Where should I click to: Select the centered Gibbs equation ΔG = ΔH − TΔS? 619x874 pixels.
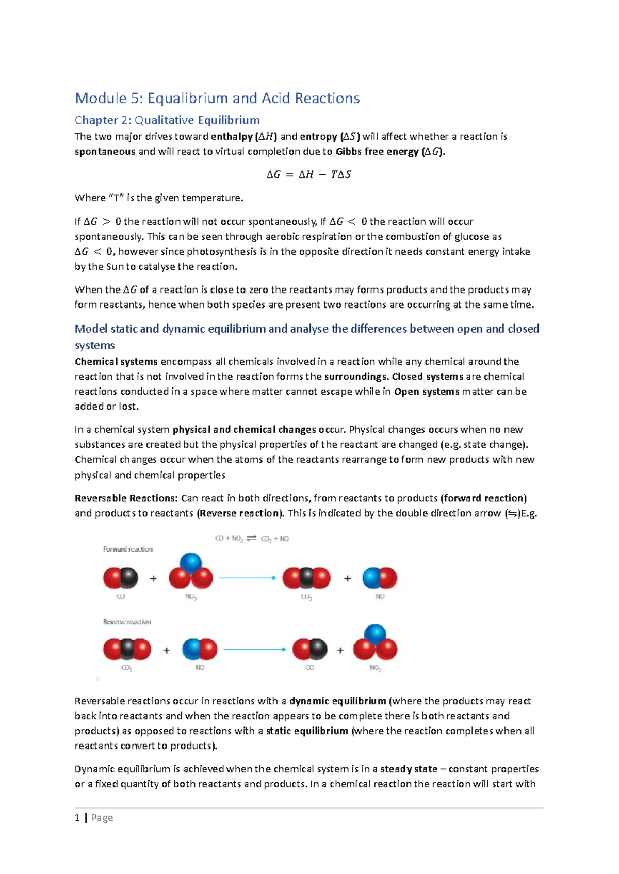point(308,174)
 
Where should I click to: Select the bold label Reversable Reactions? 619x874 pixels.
point(126,498)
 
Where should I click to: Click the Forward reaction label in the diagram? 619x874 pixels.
point(128,549)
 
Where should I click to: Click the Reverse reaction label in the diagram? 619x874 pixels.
point(127,622)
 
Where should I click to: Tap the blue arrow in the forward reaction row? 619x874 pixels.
point(248,578)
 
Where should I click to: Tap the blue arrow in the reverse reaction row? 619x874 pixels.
point(255,649)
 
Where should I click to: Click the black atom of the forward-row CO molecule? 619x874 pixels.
point(129,578)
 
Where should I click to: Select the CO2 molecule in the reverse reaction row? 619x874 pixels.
point(127,649)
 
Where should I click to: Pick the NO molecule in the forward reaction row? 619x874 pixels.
point(380,578)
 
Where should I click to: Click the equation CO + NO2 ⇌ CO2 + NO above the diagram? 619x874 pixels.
point(252,539)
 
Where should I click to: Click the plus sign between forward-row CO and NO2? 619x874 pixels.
point(153,579)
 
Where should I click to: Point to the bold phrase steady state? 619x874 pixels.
point(409,769)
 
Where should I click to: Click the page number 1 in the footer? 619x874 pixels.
point(77,818)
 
